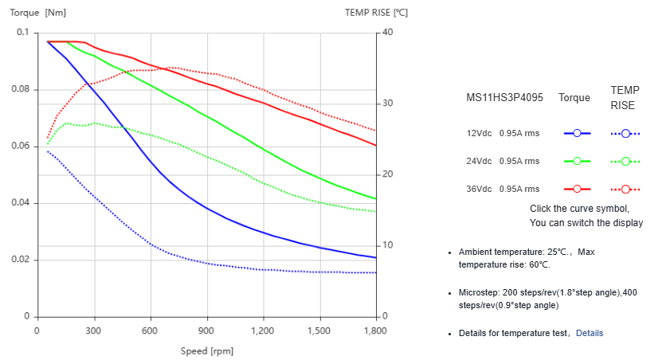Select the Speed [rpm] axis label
(x=206, y=350)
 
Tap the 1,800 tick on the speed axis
(x=375, y=330)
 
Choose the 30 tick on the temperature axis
(x=386, y=104)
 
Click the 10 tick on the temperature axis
(x=386, y=245)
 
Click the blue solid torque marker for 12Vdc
(x=577, y=133)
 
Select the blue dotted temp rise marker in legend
(x=626, y=133)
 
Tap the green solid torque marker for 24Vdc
(x=577, y=161)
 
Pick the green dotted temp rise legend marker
(x=626, y=161)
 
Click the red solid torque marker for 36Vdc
(x=577, y=189)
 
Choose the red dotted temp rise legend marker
(x=626, y=189)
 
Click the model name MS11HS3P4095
(x=504, y=98)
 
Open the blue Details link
(x=590, y=332)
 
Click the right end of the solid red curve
(x=375, y=145)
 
